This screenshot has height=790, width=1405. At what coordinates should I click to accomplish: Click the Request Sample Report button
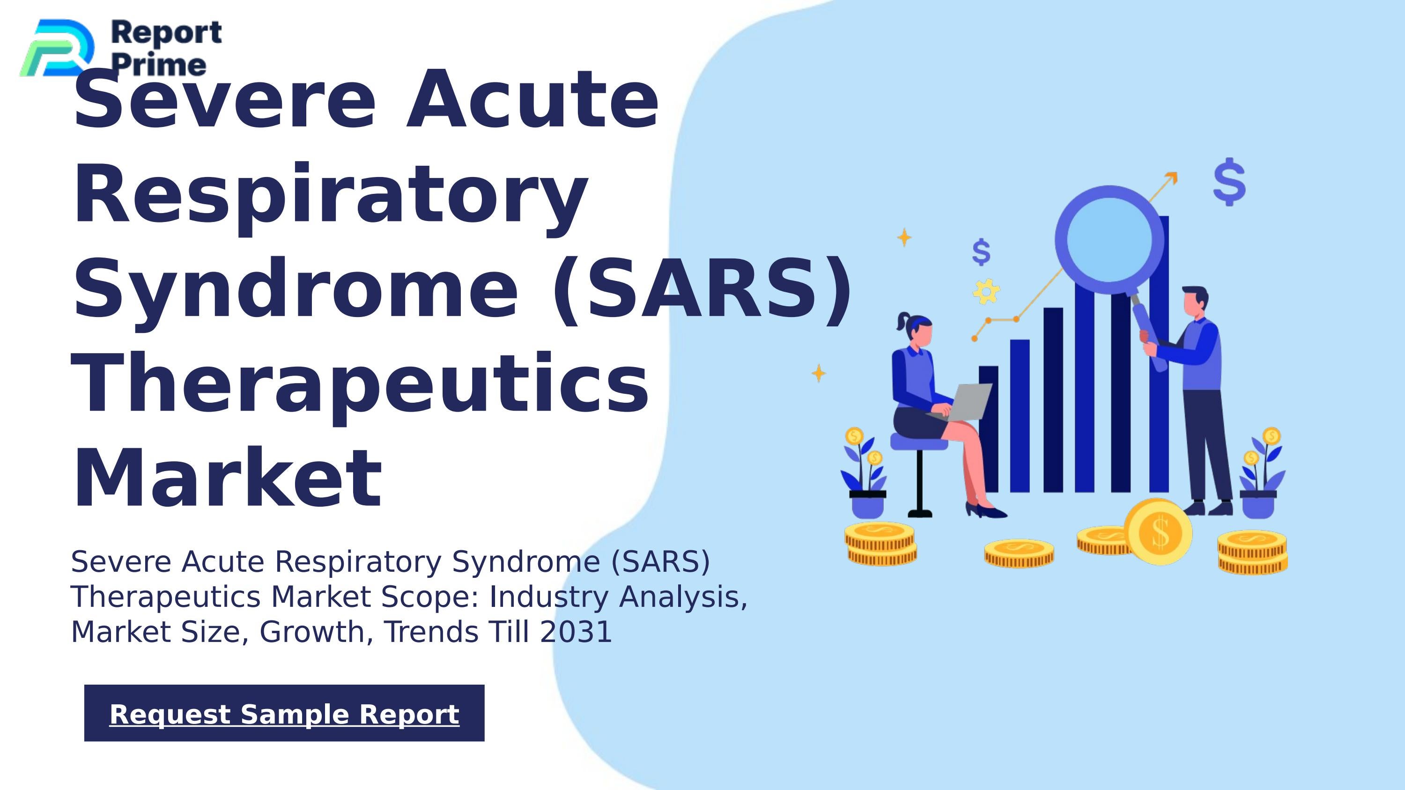[x=284, y=713]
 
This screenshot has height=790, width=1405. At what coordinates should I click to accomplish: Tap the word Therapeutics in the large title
[x=360, y=384]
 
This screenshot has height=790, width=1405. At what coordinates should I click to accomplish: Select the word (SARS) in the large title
[x=702, y=289]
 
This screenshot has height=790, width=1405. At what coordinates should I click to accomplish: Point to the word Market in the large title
[x=228, y=478]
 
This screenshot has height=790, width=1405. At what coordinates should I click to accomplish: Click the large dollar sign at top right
[x=1229, y=182]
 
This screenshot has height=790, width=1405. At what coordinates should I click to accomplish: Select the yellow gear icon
[x=986, y=291]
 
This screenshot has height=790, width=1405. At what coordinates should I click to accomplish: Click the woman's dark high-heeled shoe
[x=986, y=511]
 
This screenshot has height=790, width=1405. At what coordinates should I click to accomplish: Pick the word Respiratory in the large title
[x=331, y=195]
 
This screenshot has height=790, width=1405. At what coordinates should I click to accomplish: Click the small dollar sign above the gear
[x=981, y=252]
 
